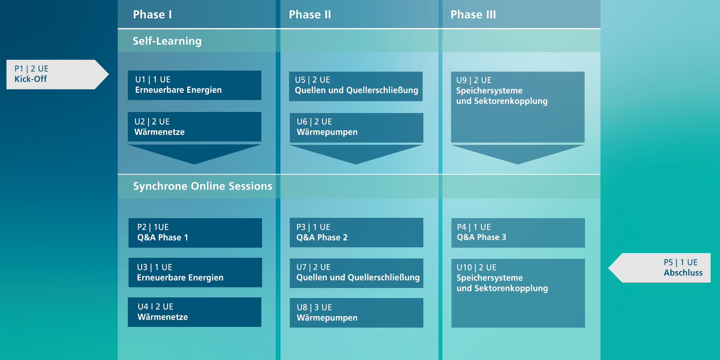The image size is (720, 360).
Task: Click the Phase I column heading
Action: [152, 14]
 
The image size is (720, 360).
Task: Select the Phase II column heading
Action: [310, 14]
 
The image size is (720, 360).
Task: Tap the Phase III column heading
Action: [473, 14]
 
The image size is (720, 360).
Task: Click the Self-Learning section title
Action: [167, 41]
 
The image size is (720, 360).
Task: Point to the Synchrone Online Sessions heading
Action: [202, 186]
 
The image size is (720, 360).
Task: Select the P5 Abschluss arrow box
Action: [659, 268]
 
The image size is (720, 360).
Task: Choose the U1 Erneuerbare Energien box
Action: [194, 85]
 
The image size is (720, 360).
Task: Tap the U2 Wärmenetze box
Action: [194, 127]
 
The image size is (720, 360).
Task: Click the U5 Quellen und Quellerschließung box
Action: [356, 86]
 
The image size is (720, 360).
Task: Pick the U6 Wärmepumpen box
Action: [356, 128]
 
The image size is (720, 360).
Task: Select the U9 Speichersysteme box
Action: [518, 107]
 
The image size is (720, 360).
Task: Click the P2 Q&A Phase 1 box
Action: [195, 233]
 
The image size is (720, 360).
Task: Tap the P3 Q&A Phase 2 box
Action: [356, 233]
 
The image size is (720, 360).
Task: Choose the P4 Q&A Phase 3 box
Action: [518, 233]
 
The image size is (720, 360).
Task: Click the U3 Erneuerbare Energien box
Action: [195, 273]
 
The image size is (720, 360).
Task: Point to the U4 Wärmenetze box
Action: [194, 312]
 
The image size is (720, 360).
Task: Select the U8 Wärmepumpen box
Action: [356, 313]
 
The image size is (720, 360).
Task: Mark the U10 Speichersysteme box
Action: [518, 293]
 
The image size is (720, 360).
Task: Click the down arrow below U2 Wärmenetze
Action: [194, 153]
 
